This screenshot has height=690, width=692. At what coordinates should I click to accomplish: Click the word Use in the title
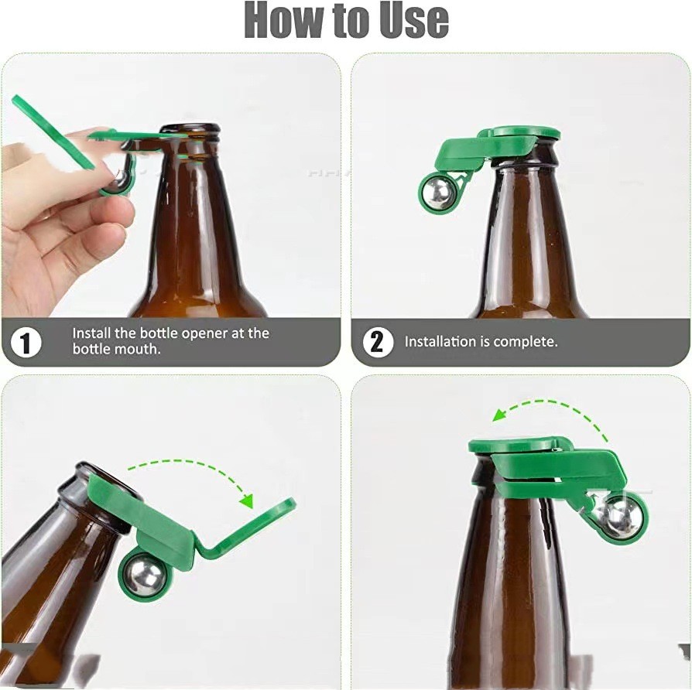(408, 20)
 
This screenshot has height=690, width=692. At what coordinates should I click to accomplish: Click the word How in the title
(284, 20)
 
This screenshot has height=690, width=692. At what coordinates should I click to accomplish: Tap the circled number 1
(26, 343)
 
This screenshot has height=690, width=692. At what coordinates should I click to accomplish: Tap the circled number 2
(377, 341)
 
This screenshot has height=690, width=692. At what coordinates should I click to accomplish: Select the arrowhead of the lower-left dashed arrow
(247, 500)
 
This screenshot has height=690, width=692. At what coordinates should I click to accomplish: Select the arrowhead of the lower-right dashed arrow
(499, 415)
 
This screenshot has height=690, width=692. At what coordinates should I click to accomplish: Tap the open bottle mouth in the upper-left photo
(190, 128)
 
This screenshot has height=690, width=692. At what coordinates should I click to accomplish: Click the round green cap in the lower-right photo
(514, 445)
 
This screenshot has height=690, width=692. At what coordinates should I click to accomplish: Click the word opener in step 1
(205, 333)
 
